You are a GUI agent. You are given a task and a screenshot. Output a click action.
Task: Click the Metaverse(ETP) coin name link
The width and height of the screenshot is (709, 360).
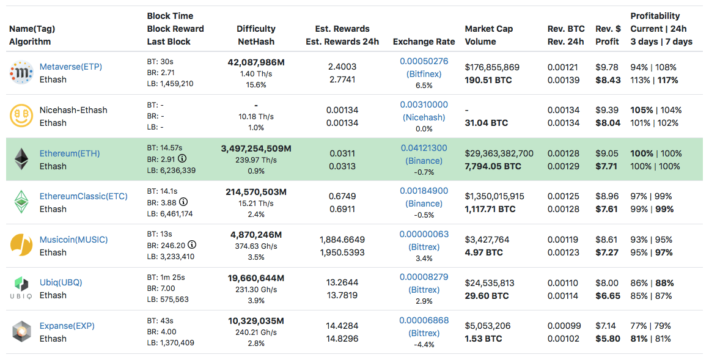point(70,67)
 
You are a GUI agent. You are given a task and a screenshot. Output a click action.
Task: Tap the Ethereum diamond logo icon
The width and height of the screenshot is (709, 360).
point(21,159)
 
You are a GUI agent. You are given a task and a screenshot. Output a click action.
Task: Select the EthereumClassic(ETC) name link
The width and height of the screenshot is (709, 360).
point(83,196)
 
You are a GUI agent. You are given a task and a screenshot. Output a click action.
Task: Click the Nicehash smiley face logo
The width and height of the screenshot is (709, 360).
point(21,116)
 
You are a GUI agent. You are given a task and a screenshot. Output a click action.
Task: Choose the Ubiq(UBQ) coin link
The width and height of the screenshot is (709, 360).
point(61,282)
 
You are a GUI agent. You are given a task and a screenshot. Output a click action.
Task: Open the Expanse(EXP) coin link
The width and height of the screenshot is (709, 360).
point(67,326)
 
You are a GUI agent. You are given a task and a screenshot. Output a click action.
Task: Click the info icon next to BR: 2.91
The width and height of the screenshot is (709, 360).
point(182,158)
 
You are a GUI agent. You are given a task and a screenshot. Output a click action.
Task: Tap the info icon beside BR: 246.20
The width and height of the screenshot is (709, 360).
point(192,244)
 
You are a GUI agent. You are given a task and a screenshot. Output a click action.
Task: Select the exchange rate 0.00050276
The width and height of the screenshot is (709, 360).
point(424,61)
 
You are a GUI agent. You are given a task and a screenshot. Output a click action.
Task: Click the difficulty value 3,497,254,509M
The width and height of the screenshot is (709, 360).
point(255,149)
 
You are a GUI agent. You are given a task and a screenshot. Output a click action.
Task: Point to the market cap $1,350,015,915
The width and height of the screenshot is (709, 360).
point(494,196)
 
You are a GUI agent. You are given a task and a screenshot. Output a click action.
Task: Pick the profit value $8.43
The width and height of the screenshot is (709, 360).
point(608,79)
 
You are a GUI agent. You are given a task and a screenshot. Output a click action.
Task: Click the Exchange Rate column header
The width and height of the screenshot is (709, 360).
point(424,42)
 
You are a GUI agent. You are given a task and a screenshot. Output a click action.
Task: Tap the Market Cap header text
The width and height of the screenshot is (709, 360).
point(489,29)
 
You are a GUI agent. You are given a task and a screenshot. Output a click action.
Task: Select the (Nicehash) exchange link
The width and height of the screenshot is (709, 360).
point(424,117)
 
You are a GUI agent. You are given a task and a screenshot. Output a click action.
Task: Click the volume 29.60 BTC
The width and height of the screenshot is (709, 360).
point(487,295)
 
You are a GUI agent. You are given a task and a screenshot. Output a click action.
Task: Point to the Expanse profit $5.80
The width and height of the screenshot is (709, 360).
point(608,338)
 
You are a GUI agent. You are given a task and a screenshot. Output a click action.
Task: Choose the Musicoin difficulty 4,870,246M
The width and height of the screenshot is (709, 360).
point(255,235)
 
